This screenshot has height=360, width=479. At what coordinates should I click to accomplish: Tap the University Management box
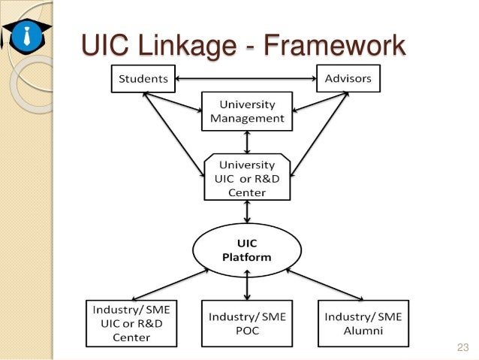(247, 111)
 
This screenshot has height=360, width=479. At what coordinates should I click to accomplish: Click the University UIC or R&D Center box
(247, 178)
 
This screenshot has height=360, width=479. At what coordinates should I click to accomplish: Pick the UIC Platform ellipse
(247, 251)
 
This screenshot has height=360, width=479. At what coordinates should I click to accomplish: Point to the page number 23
(462, 347)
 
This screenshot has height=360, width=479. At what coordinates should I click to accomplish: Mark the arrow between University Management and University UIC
(247, 141)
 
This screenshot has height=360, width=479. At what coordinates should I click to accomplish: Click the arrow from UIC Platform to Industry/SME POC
(247, 286)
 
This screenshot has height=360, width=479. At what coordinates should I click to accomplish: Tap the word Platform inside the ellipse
(247, 259)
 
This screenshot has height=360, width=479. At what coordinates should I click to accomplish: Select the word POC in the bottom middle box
(247, 330)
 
